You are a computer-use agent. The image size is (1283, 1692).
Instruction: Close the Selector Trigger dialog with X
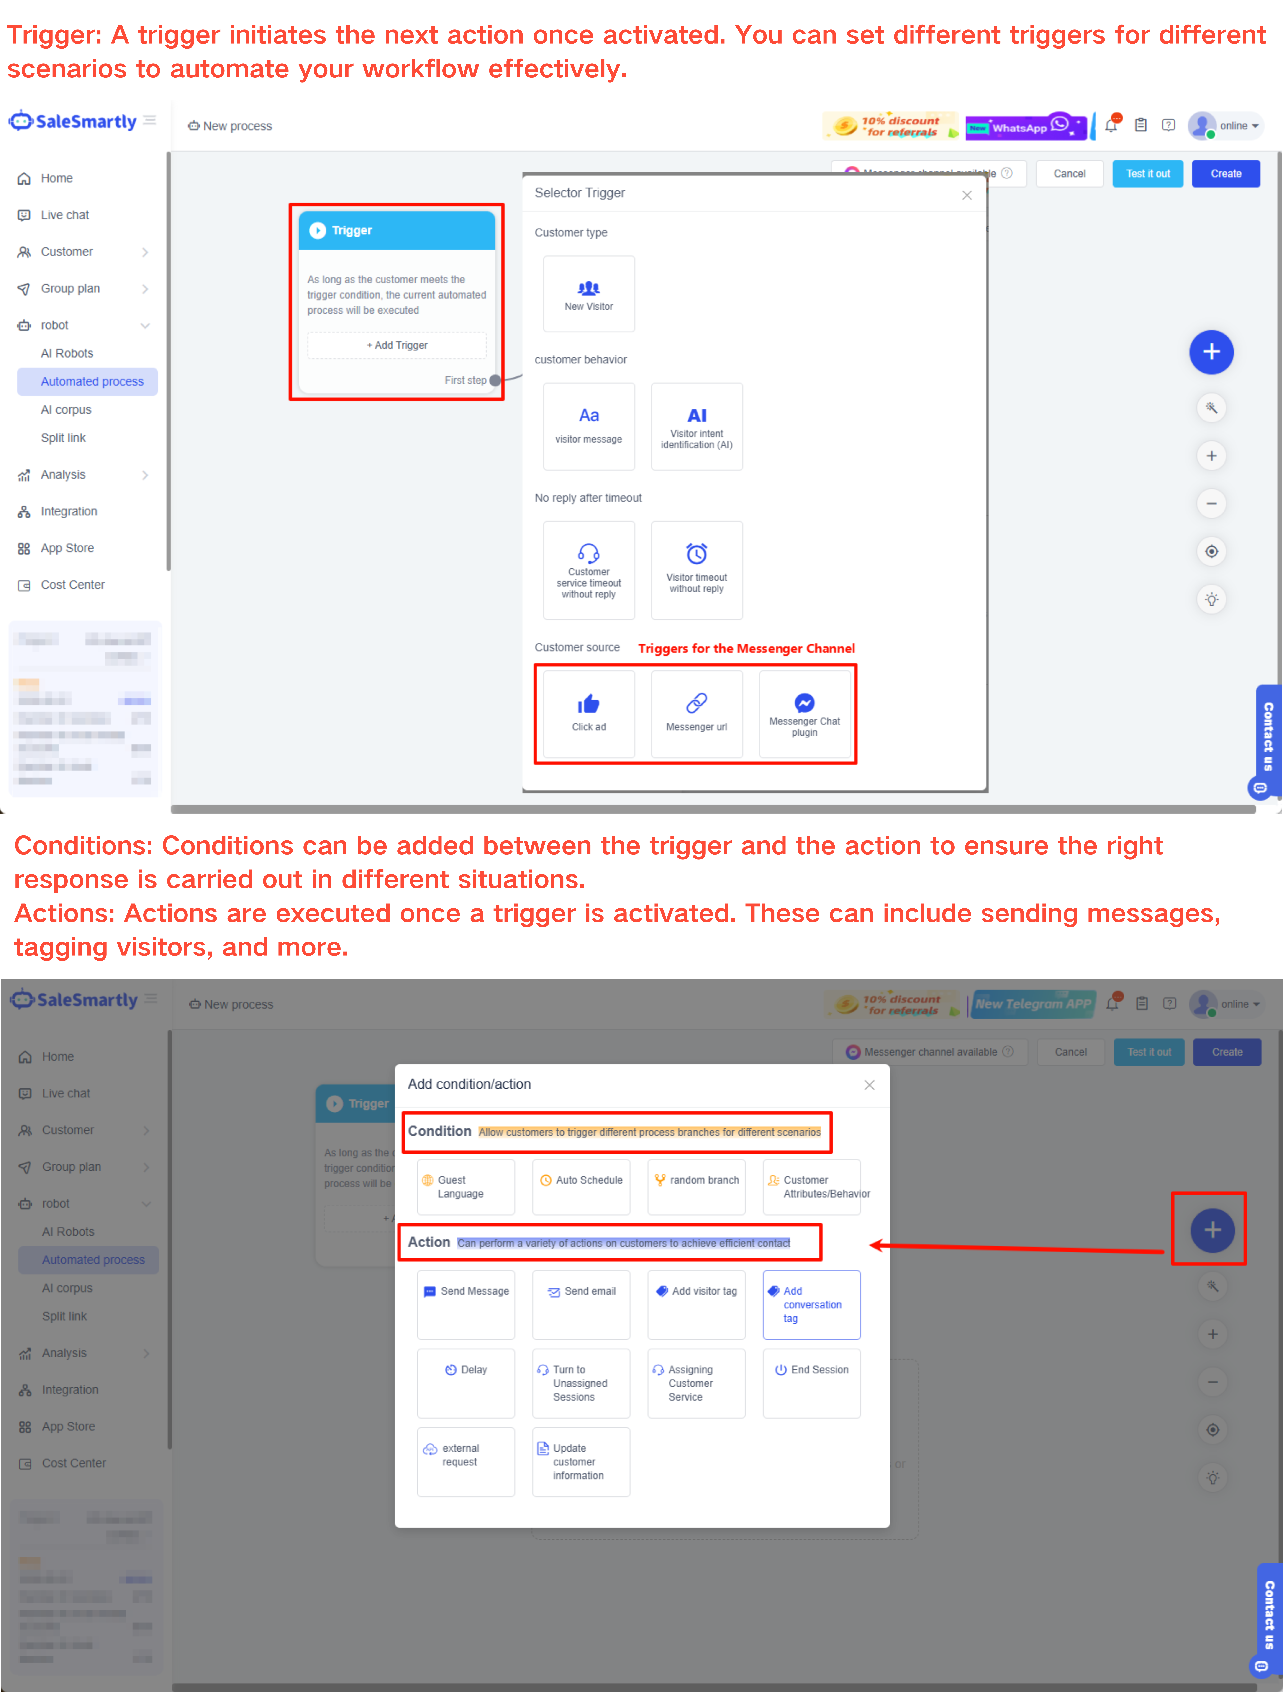click(966, 195)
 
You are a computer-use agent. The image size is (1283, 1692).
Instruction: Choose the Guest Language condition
click(466, 1186)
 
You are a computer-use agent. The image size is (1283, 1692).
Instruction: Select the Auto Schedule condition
click(581, 1186)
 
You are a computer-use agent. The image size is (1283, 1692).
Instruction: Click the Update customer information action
click(581, 1461)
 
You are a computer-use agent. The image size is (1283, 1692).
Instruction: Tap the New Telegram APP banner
click(1032, 1004)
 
